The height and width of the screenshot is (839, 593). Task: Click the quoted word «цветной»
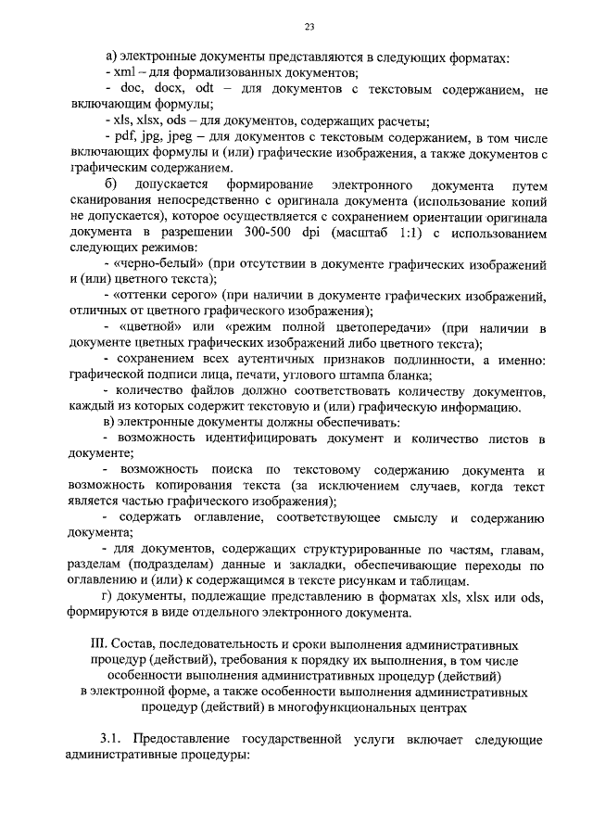click(152, 328)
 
